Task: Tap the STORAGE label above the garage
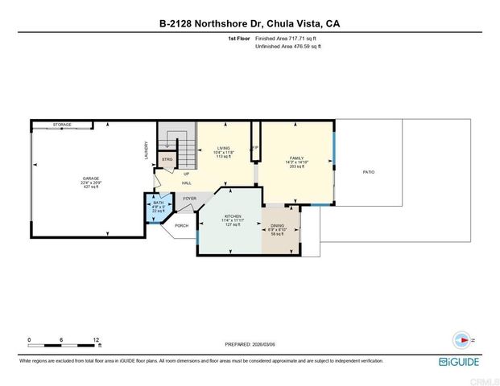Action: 62,125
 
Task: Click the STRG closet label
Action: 167,159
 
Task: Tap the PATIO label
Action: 369,172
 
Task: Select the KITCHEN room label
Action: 233,217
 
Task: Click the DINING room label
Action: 277,226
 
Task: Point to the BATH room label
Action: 158,203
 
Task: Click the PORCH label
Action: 181,225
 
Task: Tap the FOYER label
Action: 189,198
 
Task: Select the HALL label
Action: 186,183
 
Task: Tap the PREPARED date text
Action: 249,343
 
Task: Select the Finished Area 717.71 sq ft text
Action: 287,38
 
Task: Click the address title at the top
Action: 250,23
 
